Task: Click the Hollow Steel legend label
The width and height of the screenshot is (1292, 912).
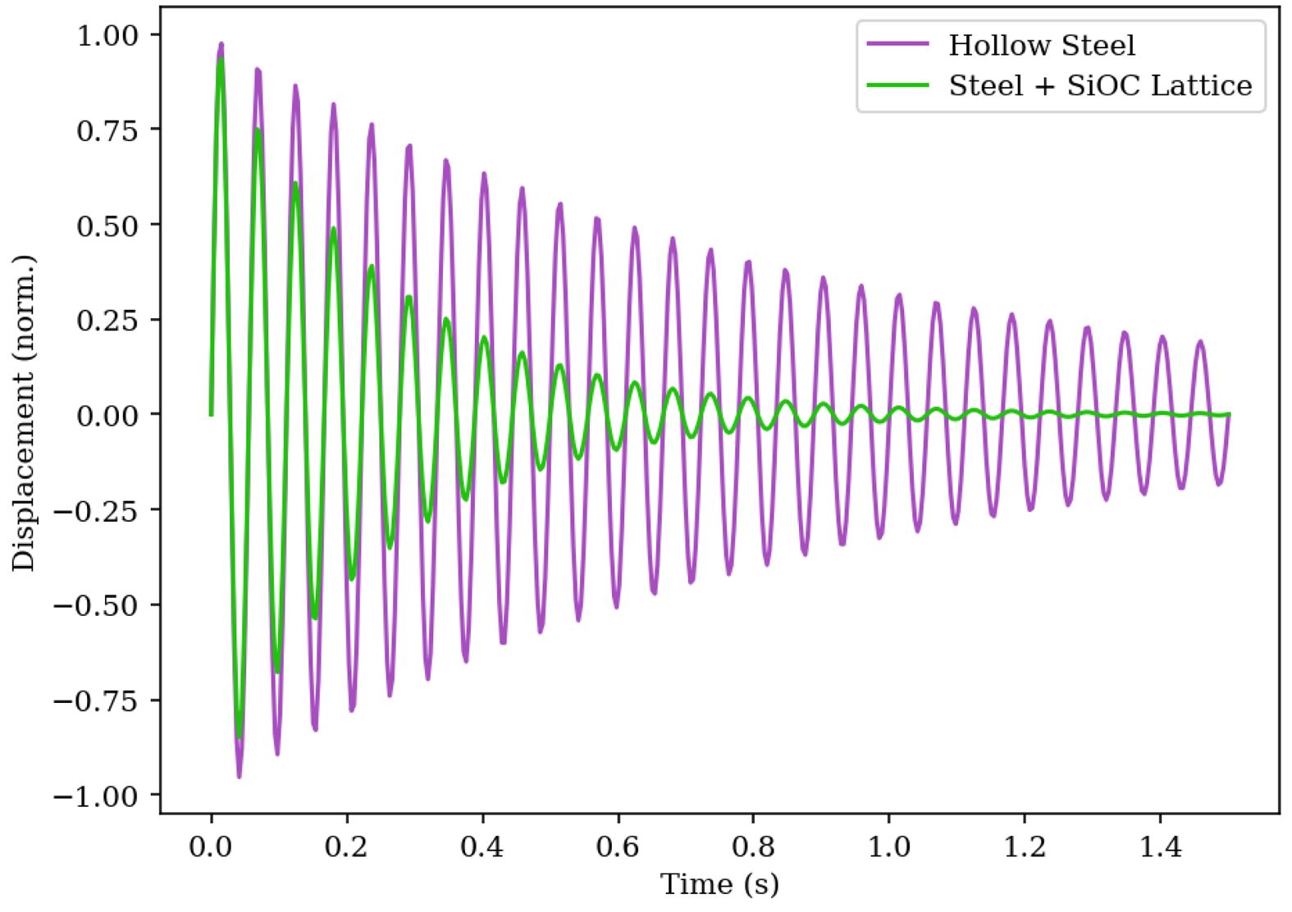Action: (1041, 45)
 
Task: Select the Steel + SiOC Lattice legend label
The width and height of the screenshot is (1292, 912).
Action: (1100, 85)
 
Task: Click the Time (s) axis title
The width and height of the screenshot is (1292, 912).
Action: (719, 884)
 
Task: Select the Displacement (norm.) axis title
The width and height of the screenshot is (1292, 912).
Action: (25, 413)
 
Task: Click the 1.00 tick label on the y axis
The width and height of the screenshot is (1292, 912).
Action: (107, 35)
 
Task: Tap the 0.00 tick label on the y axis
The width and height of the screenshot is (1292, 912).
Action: (107, 415)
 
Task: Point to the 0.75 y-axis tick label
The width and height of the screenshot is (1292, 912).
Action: (107, 130)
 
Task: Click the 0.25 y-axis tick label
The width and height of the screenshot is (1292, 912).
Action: (107, 321)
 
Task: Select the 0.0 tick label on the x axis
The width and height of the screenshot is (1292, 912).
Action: (211, 846)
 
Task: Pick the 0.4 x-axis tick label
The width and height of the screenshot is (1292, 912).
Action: (482, 846)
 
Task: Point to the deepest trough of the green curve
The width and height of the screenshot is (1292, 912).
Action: (239, 736)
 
